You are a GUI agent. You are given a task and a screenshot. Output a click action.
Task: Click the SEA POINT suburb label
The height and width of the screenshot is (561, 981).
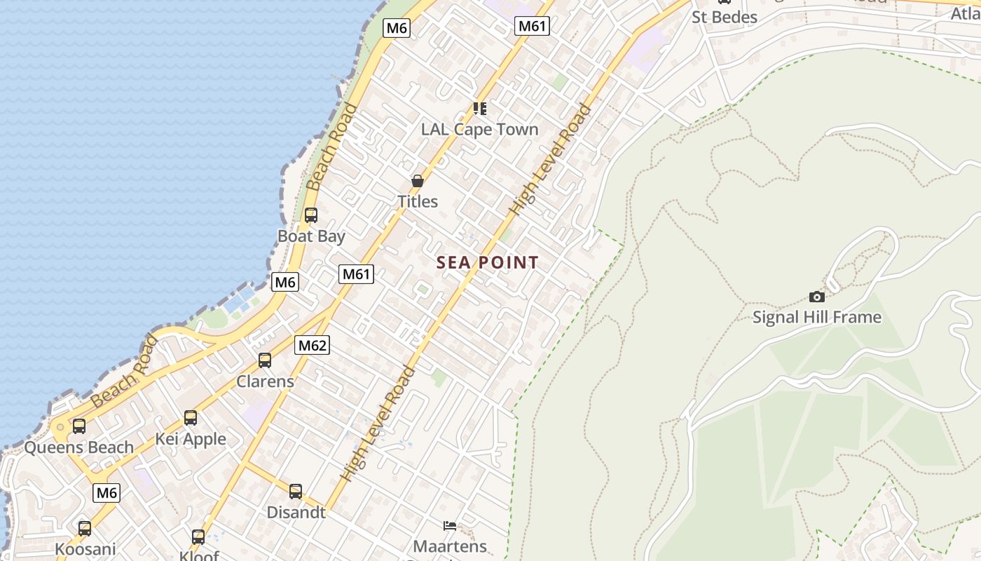tap(488, 263)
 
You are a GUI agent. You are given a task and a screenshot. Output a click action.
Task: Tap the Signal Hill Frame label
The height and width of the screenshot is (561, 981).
tap(816, 317)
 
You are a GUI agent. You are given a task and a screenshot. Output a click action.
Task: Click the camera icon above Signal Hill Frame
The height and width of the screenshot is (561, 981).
tap(816, 297)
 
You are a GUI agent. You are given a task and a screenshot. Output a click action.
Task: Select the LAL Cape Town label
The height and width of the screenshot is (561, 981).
tap(479, 129)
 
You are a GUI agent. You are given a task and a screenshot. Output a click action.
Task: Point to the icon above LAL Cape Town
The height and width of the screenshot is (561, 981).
tap(480, 108)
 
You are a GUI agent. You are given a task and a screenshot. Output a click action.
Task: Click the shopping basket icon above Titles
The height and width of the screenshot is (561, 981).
tap(418, 181)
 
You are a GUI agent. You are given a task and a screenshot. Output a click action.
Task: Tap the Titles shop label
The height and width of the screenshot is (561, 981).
tap(418, 201)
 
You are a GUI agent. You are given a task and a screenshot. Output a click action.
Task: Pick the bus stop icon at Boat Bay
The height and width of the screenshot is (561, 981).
tap(311, 215)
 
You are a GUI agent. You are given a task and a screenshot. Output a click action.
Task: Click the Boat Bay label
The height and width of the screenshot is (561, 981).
tap(311, 236)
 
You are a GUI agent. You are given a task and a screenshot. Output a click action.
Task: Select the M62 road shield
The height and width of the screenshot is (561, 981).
tap(313, 345)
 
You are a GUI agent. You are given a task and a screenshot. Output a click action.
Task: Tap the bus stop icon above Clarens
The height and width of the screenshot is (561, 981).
tap(265, 360)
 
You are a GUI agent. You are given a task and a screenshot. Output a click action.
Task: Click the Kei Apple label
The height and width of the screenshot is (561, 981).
tap(191, 439)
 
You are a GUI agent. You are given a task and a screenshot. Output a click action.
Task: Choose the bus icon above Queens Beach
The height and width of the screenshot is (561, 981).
tap(79, 426)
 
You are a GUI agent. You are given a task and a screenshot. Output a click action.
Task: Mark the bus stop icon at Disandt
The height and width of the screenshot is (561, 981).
tap(296, 492)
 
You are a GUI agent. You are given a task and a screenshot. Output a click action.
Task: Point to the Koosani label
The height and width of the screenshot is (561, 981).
tap(85, 549)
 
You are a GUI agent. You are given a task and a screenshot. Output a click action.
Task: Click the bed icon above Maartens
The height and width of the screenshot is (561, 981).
tap(450, 525)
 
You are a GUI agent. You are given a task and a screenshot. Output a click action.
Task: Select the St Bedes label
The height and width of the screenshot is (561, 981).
tap(725, 17)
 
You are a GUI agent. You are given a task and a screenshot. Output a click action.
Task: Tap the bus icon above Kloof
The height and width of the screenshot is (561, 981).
tap(198, 537)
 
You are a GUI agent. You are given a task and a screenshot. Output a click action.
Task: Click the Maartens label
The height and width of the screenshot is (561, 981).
tap(450, 546)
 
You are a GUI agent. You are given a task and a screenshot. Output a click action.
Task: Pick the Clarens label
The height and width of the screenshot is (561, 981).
tap(265, 381)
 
